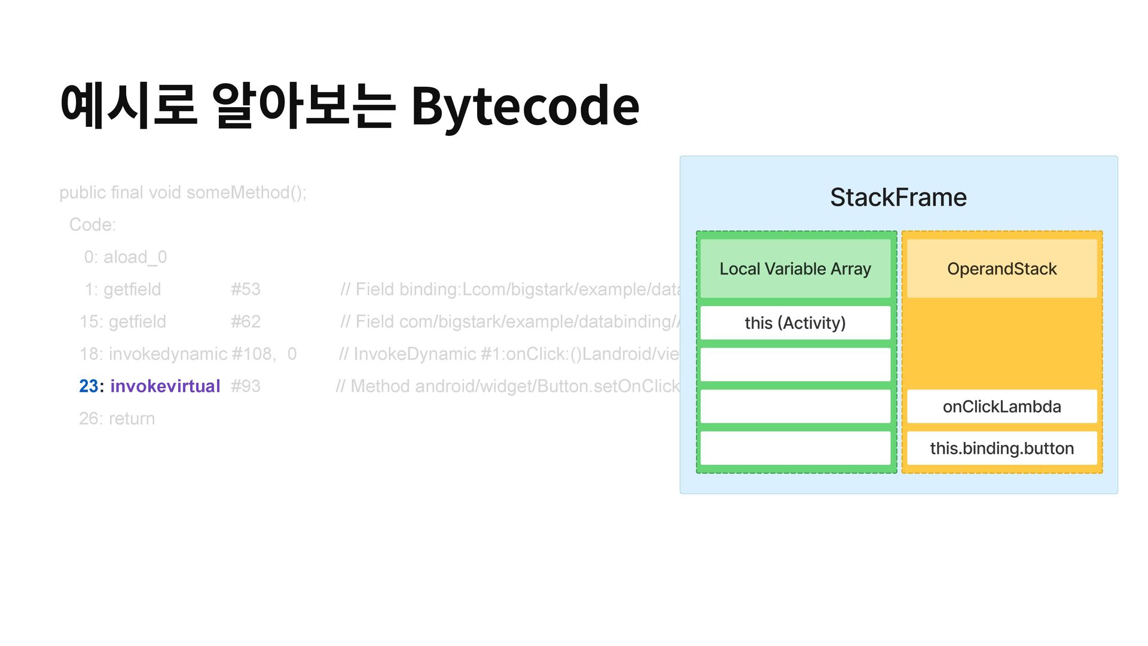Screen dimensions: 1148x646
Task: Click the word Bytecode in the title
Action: pyautogui.click(x=525, y=106)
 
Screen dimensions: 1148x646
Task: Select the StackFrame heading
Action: pyautogui.click(x=898, y=197)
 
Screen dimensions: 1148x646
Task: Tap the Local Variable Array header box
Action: pyautogui.click(x=795, y=269)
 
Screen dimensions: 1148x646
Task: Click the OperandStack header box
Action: pyautogui.click(x=1002, y=269)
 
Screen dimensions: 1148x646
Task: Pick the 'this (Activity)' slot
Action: pyautogui.click(x=795, y=323)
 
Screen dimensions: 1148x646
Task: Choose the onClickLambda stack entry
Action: pyautogui.click(x=1002, y=407)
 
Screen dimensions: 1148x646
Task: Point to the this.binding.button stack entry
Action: pyautogui.click(x=1002, y=449)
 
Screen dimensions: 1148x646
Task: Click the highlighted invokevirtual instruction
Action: pyautogui.click(x=165, y=386)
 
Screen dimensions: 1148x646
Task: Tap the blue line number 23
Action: pyautogui.click(x=88, y=386)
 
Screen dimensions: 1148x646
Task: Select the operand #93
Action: pyautogui.click(x=246, y=386)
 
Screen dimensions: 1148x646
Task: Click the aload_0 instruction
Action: pyautogui.click(x=135, y=257)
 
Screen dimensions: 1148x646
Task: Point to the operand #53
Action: pyautogui.click(x=246, y=290)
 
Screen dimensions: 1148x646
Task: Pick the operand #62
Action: pyautogui.click(x=246, y=322)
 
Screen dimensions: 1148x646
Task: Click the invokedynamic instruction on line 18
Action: pyautogui.click(x=167, y=354)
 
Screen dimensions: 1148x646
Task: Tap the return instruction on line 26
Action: pyautogui.click(x=132, y=419)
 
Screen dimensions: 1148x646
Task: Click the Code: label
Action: pyautogui.click(x=93, y=225)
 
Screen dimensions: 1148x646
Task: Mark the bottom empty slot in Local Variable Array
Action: pyautogui.click(x=795, y=449)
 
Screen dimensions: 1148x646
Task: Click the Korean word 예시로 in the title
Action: pyautogui.click(x=129, y=106)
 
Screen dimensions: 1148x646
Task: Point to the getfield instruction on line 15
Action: pyautogui.click(x=138, y=322)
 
